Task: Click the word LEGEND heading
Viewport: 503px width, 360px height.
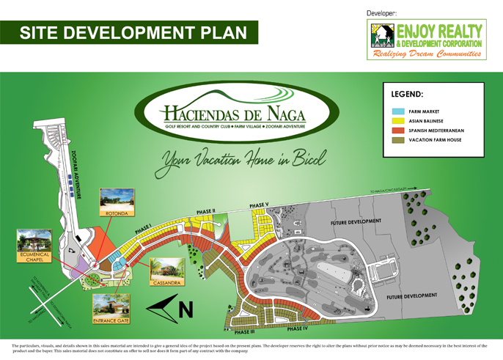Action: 407,95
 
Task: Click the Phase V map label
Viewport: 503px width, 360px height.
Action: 259,205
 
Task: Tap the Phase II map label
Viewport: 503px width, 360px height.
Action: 205,211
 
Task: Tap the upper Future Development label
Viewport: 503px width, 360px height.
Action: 356,221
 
